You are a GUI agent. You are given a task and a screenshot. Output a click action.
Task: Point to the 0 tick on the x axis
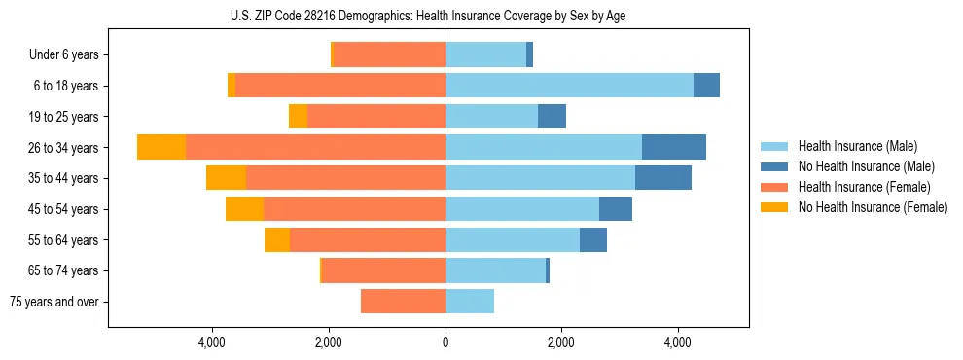446,342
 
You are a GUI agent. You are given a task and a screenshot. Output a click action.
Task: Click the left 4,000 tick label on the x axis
212,342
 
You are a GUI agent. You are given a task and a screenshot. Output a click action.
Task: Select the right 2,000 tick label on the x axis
561,342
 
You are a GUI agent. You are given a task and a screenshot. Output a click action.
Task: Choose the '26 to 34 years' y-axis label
64,148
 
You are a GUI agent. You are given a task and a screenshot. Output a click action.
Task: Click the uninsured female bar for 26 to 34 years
161,147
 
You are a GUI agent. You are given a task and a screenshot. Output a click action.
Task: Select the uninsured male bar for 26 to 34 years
673,147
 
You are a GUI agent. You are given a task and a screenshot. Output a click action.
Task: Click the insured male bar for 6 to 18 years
569,86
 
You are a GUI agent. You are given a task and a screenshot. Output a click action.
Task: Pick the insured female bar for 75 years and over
403,302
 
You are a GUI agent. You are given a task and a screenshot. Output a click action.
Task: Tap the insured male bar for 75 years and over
470,302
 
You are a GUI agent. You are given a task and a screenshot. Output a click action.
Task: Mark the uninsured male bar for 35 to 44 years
662,178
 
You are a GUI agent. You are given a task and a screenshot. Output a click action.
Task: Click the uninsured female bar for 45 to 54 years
244,209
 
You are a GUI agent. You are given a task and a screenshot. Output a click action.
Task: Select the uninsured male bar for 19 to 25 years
552,117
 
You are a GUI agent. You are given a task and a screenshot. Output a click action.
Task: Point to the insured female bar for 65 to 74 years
383,270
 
